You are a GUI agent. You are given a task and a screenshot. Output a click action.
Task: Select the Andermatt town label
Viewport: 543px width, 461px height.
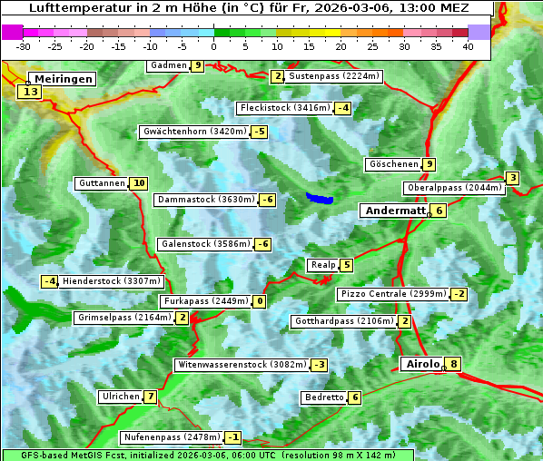(x=395, y=211)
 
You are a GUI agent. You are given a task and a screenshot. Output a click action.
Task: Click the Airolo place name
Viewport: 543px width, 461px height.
(x=422, y=364)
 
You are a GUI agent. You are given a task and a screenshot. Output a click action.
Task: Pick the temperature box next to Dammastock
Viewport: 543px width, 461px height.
(x=267, y=200)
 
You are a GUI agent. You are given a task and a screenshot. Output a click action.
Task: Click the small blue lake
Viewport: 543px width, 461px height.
(x=320, y=198)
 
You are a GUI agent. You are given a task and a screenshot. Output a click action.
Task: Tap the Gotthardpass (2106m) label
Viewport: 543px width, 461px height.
(x=343, y=321)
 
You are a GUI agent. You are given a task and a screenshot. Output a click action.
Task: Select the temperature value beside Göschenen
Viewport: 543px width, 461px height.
(x=429, y=164)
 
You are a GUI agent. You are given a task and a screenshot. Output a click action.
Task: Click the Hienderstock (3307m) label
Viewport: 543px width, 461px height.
(x=112, y=281)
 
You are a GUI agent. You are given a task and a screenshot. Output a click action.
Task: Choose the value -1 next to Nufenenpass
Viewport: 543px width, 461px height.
(x=233, y=437)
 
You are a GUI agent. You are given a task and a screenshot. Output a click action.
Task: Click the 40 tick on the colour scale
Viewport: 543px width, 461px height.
(x=468, y=46)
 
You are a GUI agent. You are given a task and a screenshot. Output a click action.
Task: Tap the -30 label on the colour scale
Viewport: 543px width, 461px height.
(x=24, y=46)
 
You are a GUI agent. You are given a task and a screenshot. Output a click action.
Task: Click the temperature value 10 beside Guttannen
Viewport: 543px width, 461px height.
(x=138, y=183)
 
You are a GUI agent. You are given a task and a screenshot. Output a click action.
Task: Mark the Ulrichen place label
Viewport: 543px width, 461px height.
(x=121, y=397)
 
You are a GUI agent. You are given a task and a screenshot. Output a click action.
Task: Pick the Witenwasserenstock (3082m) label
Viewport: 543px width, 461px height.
(x=241, y=365)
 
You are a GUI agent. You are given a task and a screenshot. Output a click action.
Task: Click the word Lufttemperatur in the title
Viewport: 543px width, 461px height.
(x=74, y=9)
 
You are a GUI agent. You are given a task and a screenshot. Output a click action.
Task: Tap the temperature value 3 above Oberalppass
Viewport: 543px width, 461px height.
(x=513, y=178)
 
